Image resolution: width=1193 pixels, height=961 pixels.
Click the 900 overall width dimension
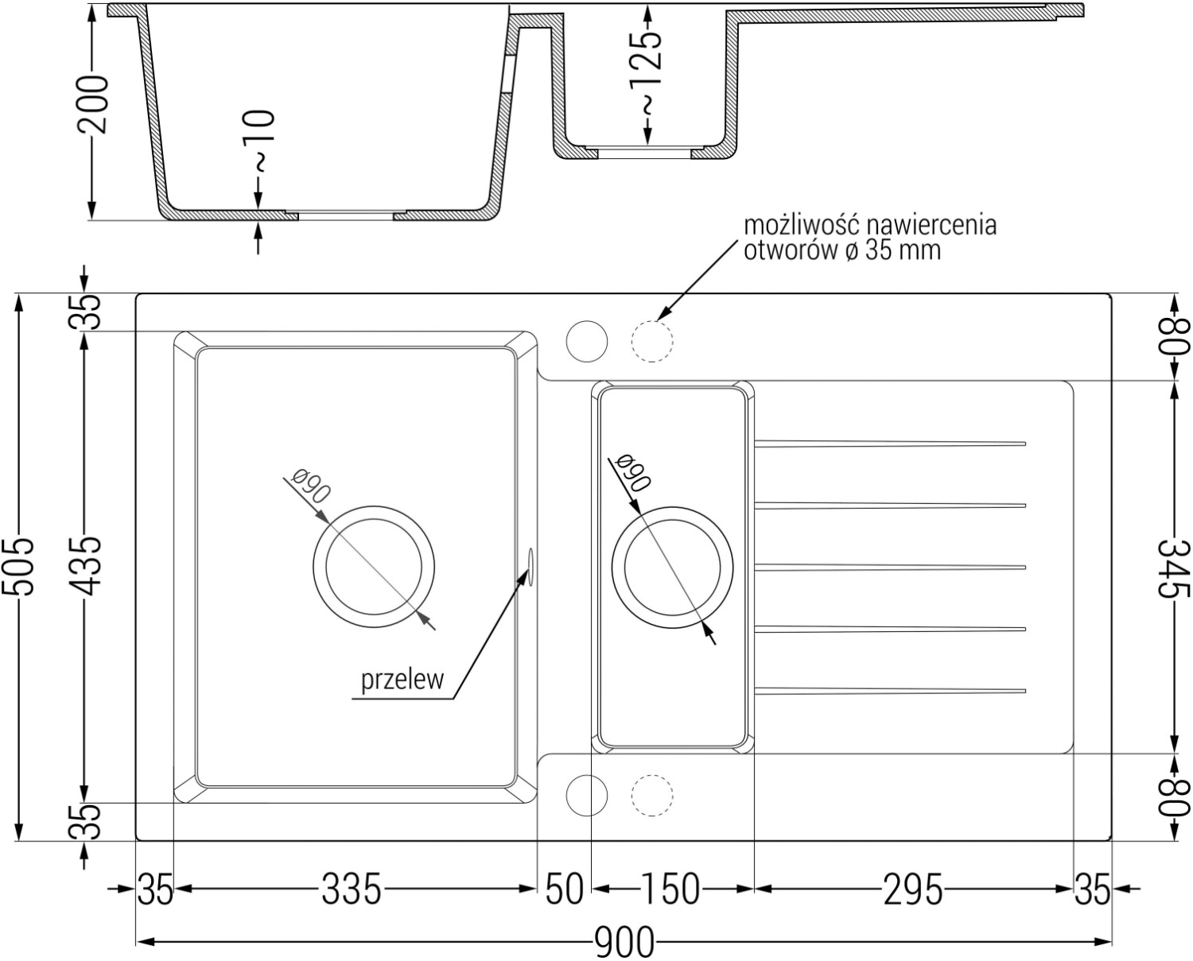click(x=624, y=942)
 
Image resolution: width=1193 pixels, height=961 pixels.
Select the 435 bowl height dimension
click(x=87, y=566)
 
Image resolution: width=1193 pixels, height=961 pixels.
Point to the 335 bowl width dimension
click(x=352, y=889)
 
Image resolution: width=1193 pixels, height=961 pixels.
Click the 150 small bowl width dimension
click(x=670, y=889)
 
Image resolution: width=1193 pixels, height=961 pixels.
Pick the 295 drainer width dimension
click(x=912, y=889)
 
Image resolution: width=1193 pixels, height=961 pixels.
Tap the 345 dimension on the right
click(x=1174, y=568)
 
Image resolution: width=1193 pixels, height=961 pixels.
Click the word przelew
click(x=402, y=680)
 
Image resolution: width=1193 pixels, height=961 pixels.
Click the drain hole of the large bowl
click(x=374, y=567)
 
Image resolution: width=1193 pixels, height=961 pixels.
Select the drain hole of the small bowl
click(x=672, y=568)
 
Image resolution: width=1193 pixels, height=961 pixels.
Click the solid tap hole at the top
click(x=586, y=341)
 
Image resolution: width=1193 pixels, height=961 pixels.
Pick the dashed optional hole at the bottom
click(x=652, y=796)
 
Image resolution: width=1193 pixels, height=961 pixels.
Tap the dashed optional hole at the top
click(x=652, y=341)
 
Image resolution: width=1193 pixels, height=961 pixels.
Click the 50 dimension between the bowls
click(x=565, y=889)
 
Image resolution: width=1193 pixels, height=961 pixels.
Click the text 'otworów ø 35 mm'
click(x=842, y=250)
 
